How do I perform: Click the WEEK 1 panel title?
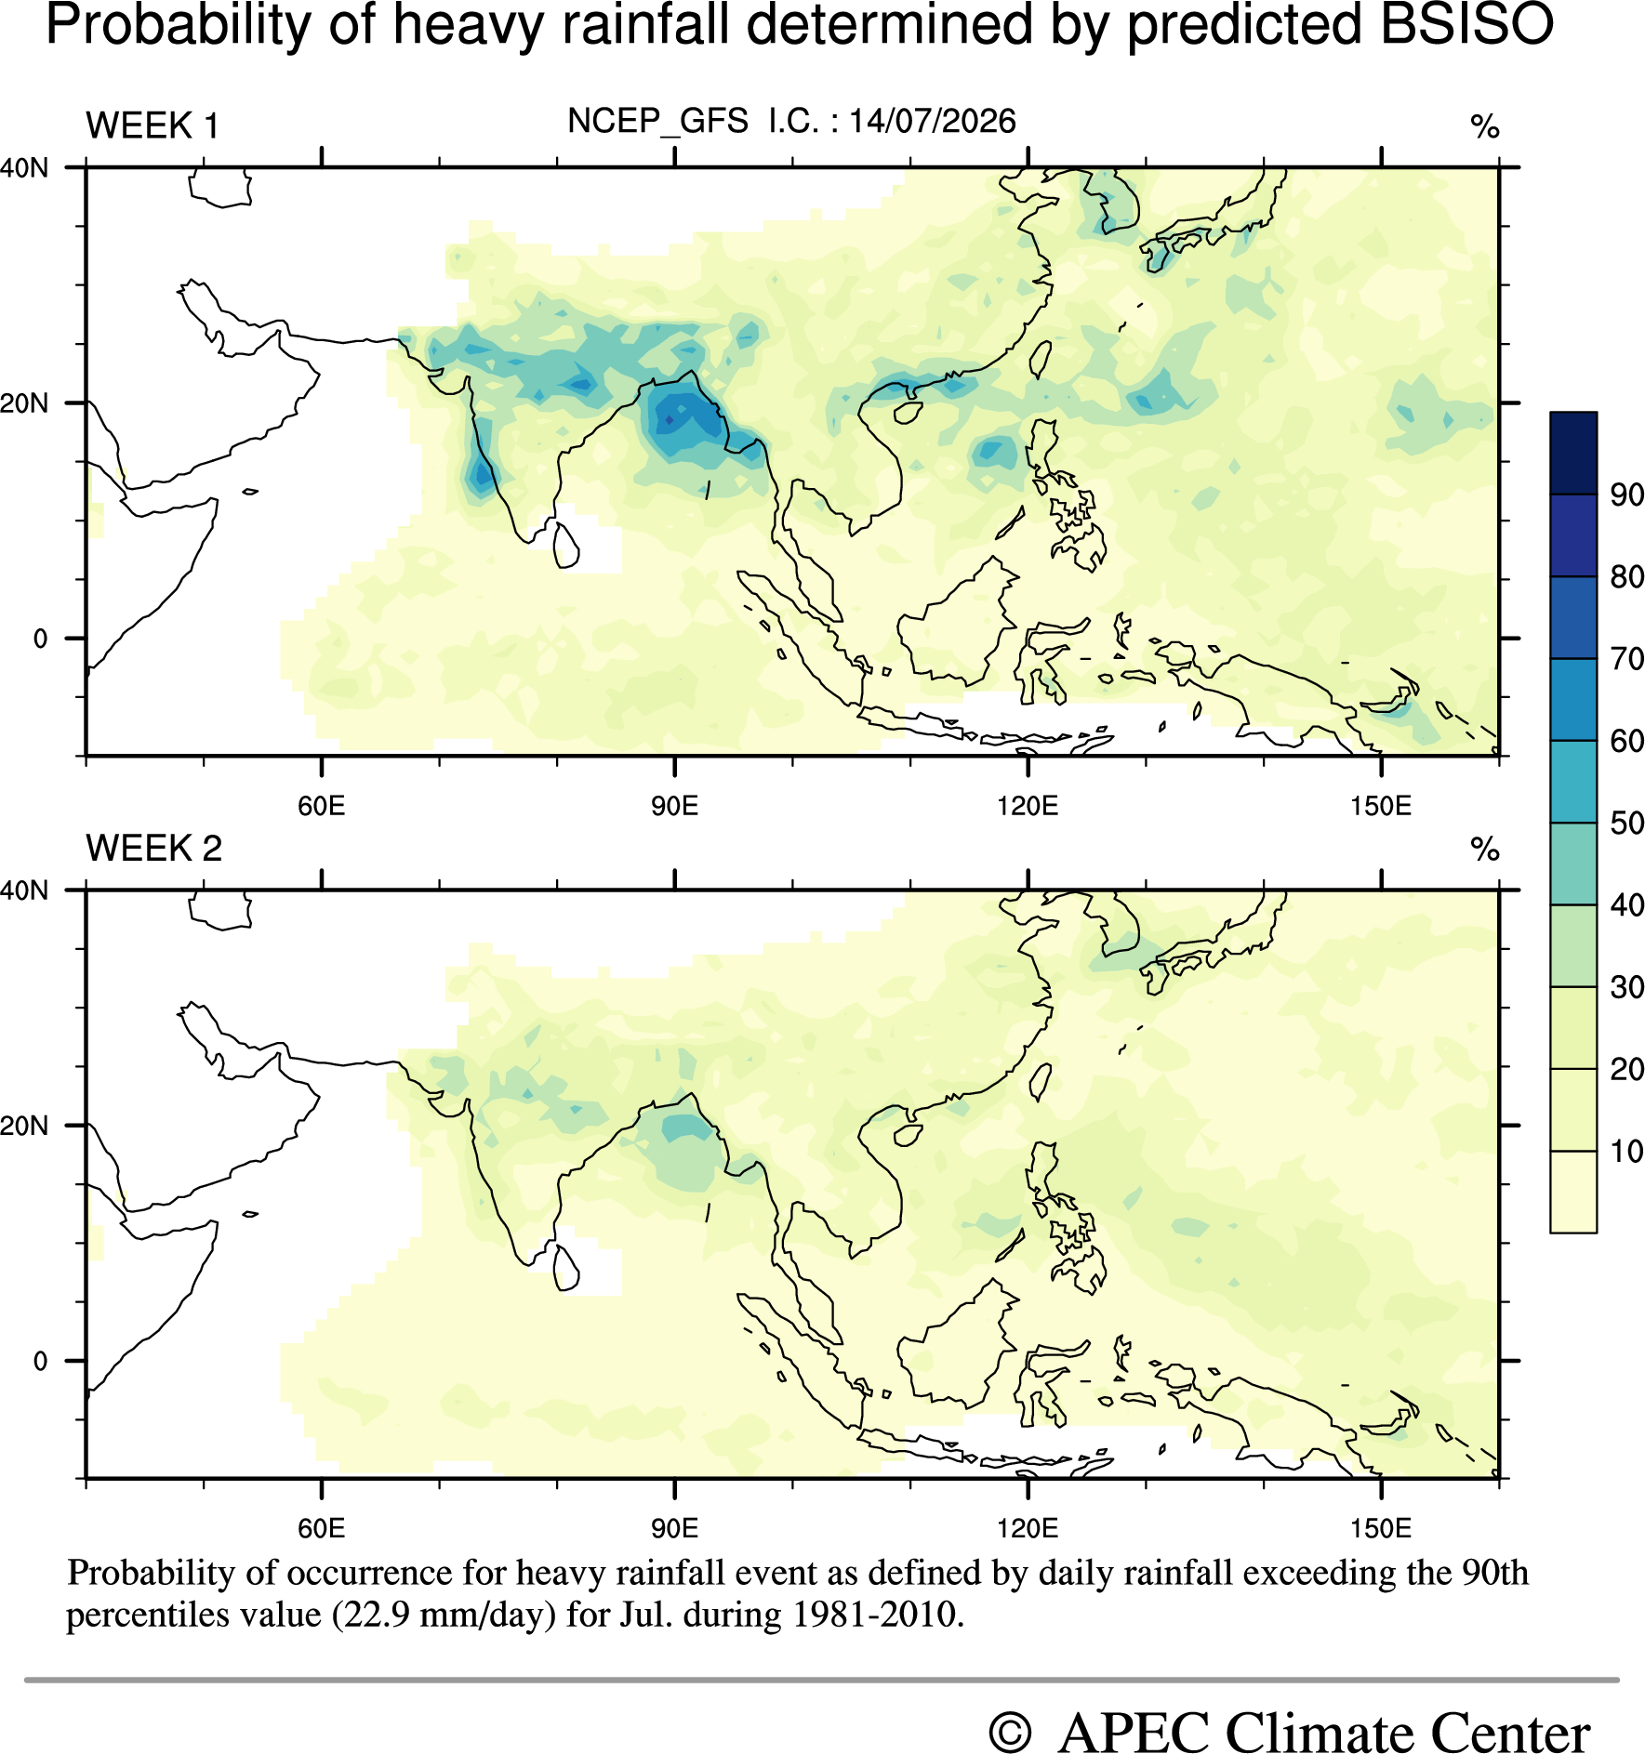pos(153,125)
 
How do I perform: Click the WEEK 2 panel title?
pos(154,848)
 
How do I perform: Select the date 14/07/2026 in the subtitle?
pos(932,121)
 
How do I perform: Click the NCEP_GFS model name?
pos(658,122)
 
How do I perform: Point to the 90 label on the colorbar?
pos(1627,495)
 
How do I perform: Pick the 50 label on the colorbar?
pos(1627,823)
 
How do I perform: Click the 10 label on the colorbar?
pos(1627,1151)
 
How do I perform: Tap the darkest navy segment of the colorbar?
pos(1573,453)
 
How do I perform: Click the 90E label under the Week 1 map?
pos(674,805)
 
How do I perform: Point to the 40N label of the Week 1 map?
pos(24,168)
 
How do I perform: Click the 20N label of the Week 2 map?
pos(24,1126)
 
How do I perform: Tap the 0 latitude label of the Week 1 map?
pos(40,639)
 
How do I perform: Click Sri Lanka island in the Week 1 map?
pos(565,546)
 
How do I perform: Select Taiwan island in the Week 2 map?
pos(1041,1082)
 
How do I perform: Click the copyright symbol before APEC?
pos(1011,1733)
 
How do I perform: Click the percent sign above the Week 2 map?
pos(1485,849)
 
